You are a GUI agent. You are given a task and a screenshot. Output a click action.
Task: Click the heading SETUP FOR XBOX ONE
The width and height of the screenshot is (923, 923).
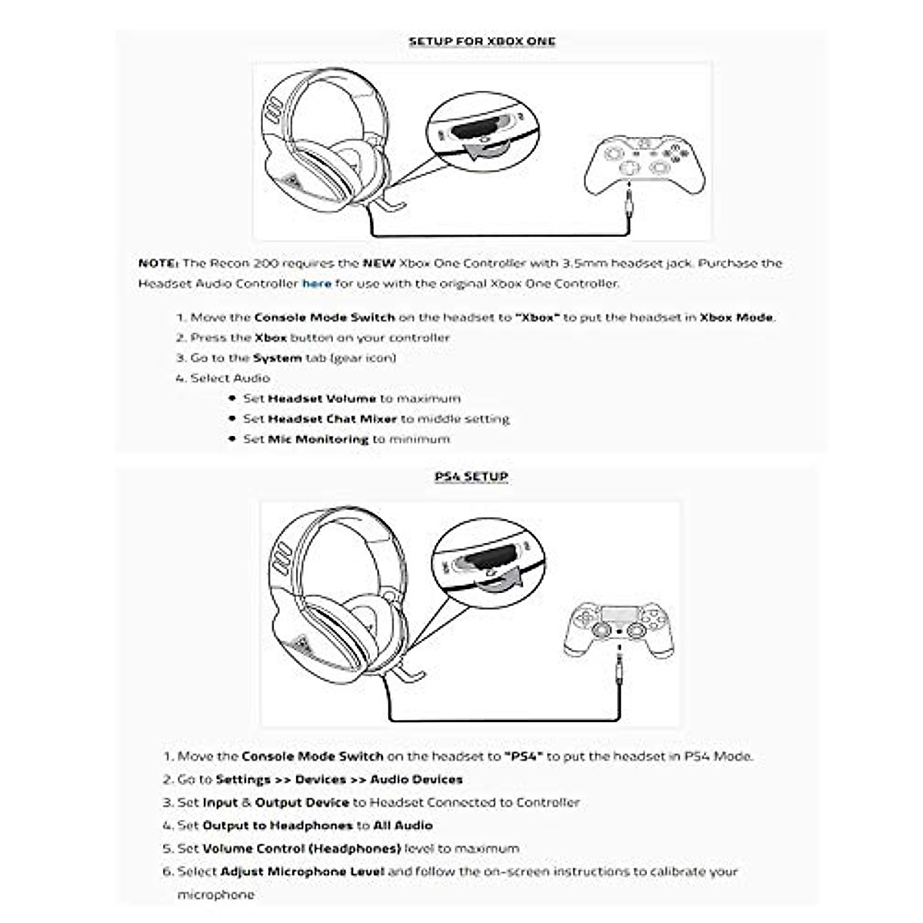point(481,42)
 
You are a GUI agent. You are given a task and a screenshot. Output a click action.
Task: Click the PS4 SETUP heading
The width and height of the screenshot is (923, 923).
point(471,477)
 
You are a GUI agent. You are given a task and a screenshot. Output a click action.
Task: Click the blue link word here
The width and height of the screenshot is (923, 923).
point(316,284)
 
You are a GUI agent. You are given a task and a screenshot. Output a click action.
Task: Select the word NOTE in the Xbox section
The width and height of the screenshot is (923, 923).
point(158,263)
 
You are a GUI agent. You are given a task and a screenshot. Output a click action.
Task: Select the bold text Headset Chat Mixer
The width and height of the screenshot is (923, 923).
point(332,419)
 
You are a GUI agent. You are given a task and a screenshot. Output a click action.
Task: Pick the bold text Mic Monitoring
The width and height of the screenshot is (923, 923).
point(318,439)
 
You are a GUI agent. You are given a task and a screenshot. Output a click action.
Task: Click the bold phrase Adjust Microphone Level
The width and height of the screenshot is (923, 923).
point(302,871)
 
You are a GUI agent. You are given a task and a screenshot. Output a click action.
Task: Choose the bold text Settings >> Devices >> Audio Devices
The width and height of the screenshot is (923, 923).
point(339,779)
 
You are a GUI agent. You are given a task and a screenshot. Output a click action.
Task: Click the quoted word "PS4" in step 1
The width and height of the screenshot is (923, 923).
point(524,756)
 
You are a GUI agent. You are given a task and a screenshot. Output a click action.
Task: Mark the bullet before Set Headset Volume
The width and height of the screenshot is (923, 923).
point(232,398)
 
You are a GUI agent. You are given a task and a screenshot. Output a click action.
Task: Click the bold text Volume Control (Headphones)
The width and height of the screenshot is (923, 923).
point(302,848)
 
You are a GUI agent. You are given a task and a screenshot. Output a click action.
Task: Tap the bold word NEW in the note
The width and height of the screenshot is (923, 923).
point(379,263)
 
